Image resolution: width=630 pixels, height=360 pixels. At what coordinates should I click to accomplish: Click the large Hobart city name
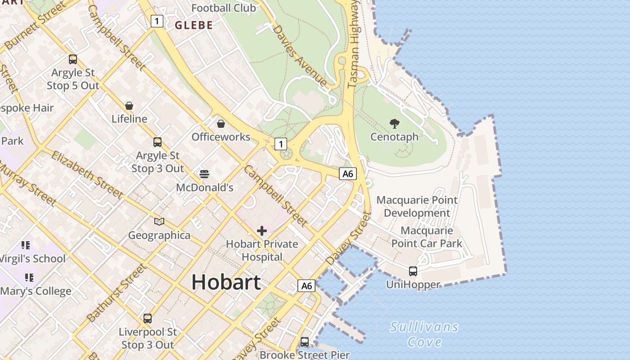(x=226, y=282)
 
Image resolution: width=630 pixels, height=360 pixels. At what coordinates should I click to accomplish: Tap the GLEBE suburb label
(x=193, y=25)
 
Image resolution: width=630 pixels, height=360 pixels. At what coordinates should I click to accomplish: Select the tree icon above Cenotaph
(x=395, y=123)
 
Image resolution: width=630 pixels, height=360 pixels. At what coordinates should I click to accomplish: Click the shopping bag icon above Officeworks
(x=221, y=123)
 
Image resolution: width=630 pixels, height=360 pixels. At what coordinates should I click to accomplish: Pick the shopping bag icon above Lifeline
(x=129, y=106)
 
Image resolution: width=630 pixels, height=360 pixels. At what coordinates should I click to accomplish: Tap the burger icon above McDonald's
(x=204, y=174)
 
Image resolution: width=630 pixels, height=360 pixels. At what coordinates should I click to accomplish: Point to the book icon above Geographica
(x=159, y=221)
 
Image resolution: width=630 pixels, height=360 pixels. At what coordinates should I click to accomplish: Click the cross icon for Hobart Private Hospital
(x=262, y=231)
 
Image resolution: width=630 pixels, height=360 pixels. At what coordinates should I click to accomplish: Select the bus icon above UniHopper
(x=413, y=271)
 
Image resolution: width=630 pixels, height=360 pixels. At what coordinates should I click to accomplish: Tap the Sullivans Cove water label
(x=424, y=334)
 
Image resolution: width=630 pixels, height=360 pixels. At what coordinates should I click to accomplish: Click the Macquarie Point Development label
(x=417, y=206)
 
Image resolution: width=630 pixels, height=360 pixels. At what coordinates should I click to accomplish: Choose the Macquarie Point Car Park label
(x=427, y=237)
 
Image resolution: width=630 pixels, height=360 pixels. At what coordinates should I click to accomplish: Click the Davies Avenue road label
(x=300, y=55)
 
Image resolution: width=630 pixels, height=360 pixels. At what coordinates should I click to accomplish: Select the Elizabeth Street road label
(x=87, y=175)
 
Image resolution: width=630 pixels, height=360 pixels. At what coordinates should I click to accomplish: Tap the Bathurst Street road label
(x=117, y=293)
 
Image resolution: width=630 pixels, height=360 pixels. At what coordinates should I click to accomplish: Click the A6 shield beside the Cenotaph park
(x=348, y=174)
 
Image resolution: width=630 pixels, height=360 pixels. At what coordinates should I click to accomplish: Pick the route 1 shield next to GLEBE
(x=157, y=21)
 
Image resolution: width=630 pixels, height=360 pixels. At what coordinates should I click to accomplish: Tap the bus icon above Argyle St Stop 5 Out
(x=73, y=59)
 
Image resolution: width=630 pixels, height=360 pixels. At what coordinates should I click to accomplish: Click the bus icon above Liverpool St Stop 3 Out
(x=148, y=319)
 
